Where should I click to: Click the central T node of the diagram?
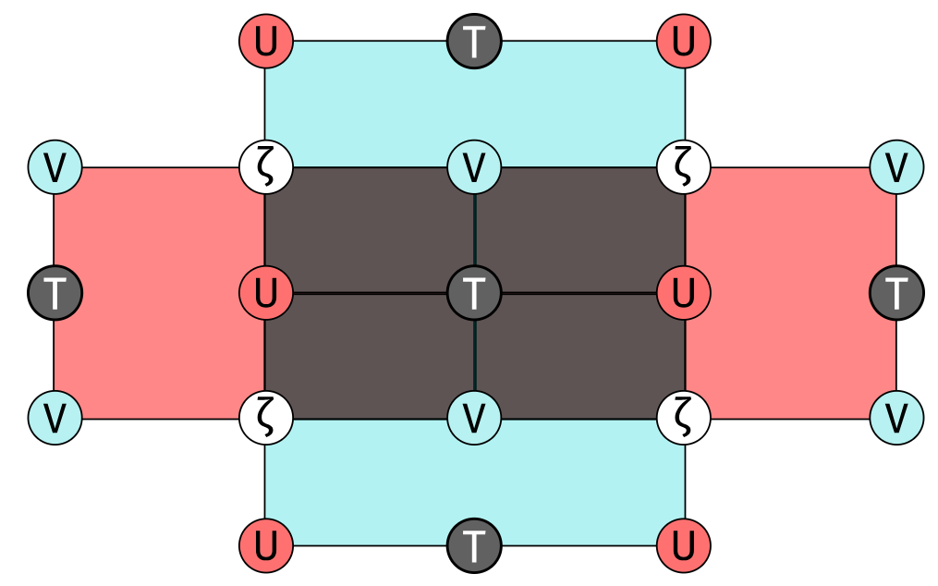point(474,293)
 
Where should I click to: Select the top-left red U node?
point(265,42)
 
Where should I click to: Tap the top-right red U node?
point(684,42)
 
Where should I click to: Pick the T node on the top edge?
point(474,42)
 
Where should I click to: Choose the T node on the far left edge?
point(55,293)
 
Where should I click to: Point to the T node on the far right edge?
point(896,293)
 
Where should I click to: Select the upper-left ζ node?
point(265,167)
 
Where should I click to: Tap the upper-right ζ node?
point(684,167)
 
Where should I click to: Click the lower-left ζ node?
point(265,419)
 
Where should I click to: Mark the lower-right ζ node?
point(684,419)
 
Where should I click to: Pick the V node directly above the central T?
point(474,167)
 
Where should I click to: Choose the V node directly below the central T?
point(474,419)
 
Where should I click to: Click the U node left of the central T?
point(265,293)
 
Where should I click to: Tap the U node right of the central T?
point(684,293)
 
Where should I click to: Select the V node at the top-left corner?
point(55,167)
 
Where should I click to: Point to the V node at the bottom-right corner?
point(896,419)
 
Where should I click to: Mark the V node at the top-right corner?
point(896,167)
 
